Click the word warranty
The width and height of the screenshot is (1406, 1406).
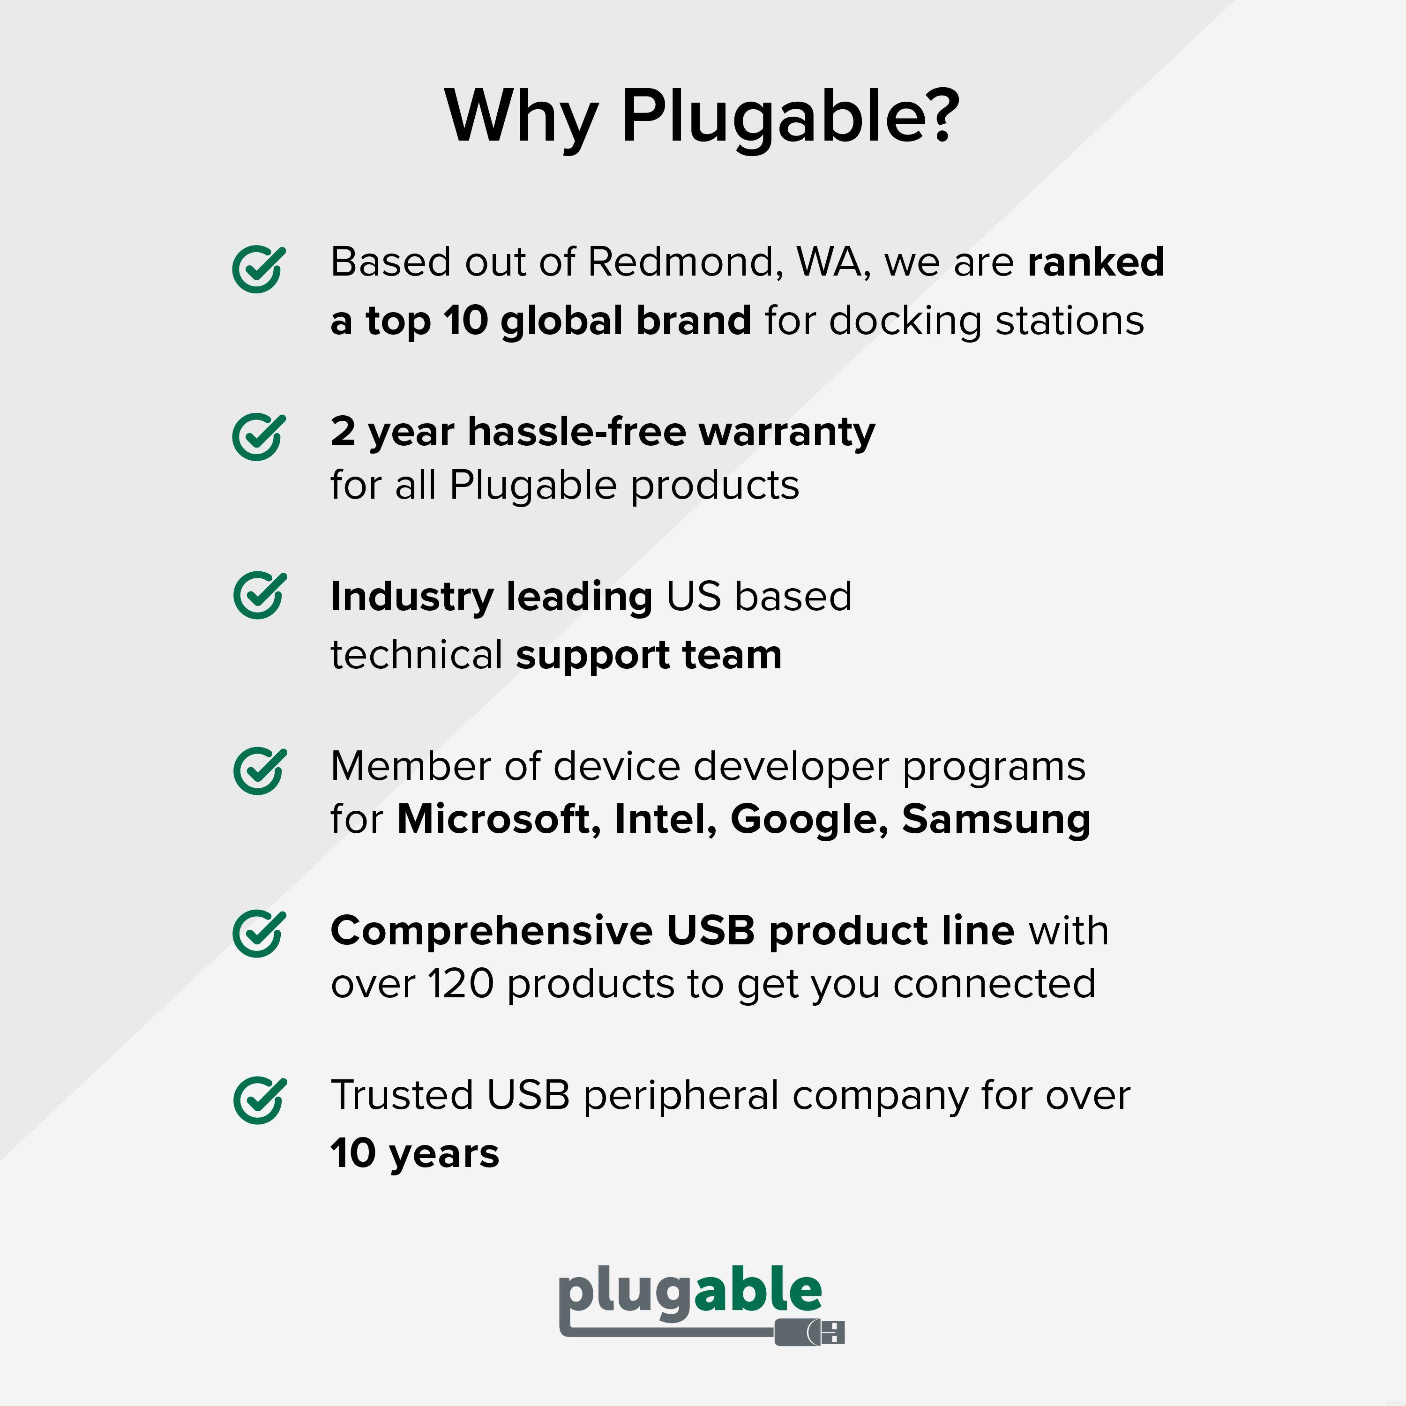tap(787, 432)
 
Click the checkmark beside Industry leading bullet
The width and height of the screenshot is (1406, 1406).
tap(258, 595)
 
